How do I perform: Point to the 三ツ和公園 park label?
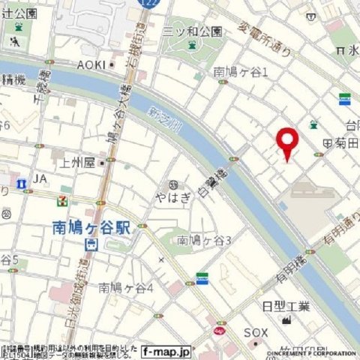pos(194,31)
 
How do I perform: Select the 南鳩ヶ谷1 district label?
pos(241,72)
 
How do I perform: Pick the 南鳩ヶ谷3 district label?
pos(204,240)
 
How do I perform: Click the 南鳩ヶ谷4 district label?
pos(126,287)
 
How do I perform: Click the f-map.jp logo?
pos(166,350)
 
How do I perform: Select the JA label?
pos(40,179)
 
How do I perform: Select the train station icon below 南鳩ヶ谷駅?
pos(90,244)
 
